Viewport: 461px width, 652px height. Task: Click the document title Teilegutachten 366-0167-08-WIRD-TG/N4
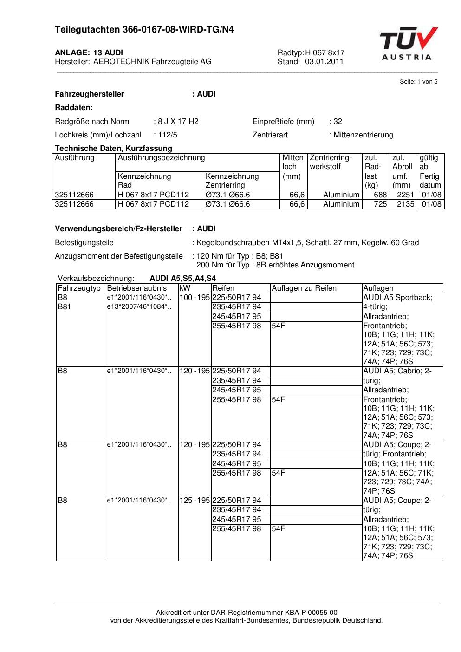[x=144, y=30]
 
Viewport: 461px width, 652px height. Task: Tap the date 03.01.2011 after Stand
[x=324, y=61]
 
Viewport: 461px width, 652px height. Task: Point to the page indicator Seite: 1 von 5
[x=418, y=82]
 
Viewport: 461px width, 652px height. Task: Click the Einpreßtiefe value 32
[x=338, y=122]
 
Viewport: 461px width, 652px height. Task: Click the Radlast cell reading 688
[x=380, y=195]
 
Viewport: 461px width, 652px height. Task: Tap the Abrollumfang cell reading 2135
[x=405, y=204]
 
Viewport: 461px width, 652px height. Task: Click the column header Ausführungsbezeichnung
[x=161, y=158]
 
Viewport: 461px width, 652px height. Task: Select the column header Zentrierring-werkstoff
[x=331, y=162]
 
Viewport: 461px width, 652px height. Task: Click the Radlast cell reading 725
[x=380, y=204]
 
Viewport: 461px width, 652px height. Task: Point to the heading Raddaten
[x=74, y=108]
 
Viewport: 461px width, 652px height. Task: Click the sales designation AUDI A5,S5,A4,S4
[x=182, y=279]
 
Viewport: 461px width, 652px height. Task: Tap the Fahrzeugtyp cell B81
[x=64, y=307]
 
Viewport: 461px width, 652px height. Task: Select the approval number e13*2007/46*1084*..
[x=139, y=307]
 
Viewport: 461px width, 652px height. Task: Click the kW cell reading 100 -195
[x=195, y=298]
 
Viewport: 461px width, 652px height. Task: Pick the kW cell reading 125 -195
[x=195, y=501]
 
